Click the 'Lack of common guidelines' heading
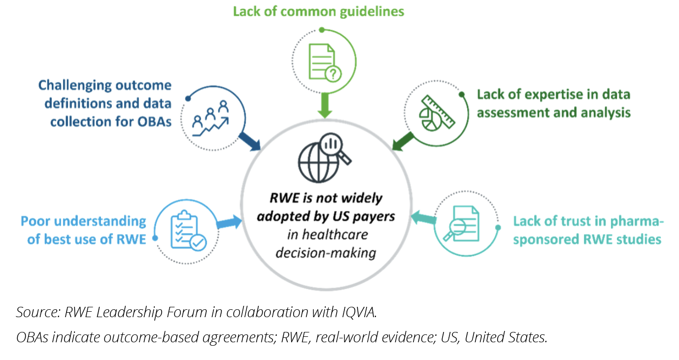(318, 11)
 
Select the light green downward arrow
(324, 105)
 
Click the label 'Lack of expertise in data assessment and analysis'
(553, 103)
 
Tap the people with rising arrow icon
(210, 118)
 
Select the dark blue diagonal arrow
(249, 140)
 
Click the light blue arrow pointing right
(229, 223)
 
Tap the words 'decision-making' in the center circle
(325, 253)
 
